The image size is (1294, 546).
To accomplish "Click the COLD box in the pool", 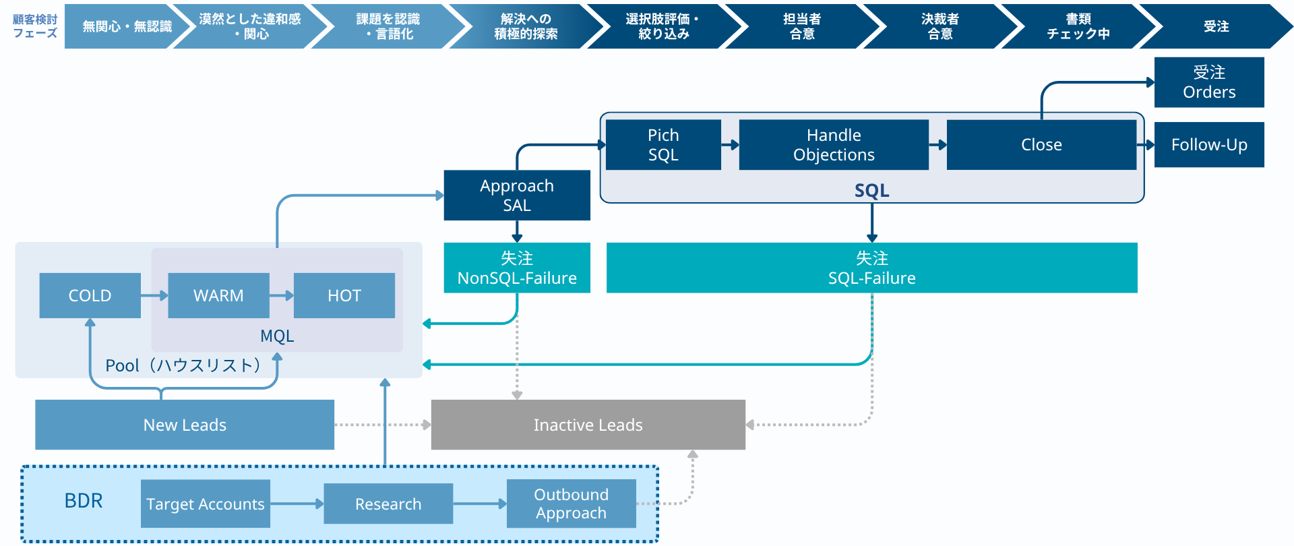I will [90, 295].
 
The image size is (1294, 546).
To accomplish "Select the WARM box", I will [218, 295].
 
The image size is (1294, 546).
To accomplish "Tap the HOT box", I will [344, 295].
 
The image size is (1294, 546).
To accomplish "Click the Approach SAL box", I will [517, 195].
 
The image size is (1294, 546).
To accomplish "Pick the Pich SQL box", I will [663, 145].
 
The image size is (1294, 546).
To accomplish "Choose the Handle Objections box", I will [834, 145].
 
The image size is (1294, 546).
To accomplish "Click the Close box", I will [1041, 145].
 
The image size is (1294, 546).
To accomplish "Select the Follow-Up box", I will [1209, 145].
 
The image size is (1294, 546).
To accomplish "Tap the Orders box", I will [1209, 82].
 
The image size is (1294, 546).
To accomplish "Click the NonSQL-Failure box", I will [517, 268].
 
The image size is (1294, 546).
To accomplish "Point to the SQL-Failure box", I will [871, 268].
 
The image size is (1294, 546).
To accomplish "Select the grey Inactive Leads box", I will [588, 425].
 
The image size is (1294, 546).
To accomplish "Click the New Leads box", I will [185, 425].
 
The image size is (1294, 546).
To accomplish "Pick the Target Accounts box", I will [206, 504].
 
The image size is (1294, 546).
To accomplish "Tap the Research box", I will [388, 504].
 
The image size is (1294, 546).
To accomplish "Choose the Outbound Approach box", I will [571, 504].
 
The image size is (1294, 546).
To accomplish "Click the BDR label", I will [84, 501].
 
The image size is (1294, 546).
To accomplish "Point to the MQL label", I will [277, 336].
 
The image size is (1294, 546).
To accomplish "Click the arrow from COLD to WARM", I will [154, 295].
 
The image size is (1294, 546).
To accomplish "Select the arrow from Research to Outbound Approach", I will [480, 504].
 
